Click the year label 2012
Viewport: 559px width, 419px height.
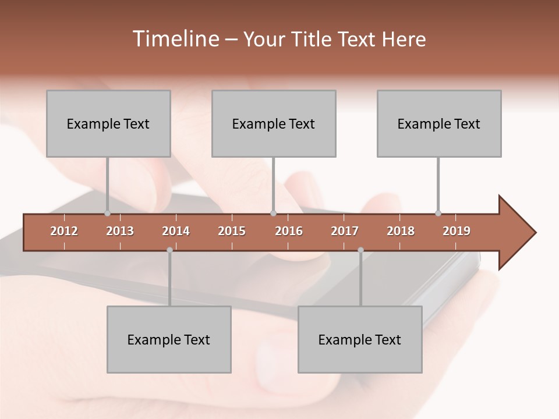(x=64, y=231)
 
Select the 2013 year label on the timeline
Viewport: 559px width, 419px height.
(x=120, y=231)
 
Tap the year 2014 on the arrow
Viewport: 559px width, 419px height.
(x=176, y=231)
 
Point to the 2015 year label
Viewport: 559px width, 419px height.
(x=232, y=231)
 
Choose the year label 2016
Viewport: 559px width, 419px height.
(x=289, y=231)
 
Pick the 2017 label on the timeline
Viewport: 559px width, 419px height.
(x=345, y=231)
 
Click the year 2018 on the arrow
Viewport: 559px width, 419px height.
(x=401, y=231)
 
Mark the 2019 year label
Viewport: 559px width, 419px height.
(x=457, y=231)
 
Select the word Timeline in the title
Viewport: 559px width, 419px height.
(x=174, y=39)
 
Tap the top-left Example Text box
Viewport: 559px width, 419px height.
(x=108, y=123)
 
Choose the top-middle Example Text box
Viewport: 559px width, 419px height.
(x=274, y=123)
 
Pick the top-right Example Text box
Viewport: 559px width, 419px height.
(x=439, y=123)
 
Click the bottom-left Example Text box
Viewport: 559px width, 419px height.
(x=169, y=339)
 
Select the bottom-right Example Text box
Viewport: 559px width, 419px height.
(x=360, y=339)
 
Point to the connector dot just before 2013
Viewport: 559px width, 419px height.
(x=107, y=214)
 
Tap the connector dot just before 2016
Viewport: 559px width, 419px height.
(x=273, y=214)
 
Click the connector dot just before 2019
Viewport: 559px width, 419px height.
(x=438, y=214)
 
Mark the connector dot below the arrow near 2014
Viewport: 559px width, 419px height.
(x=169, y=250)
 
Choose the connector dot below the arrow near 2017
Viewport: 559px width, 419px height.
(x=360, y=250)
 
